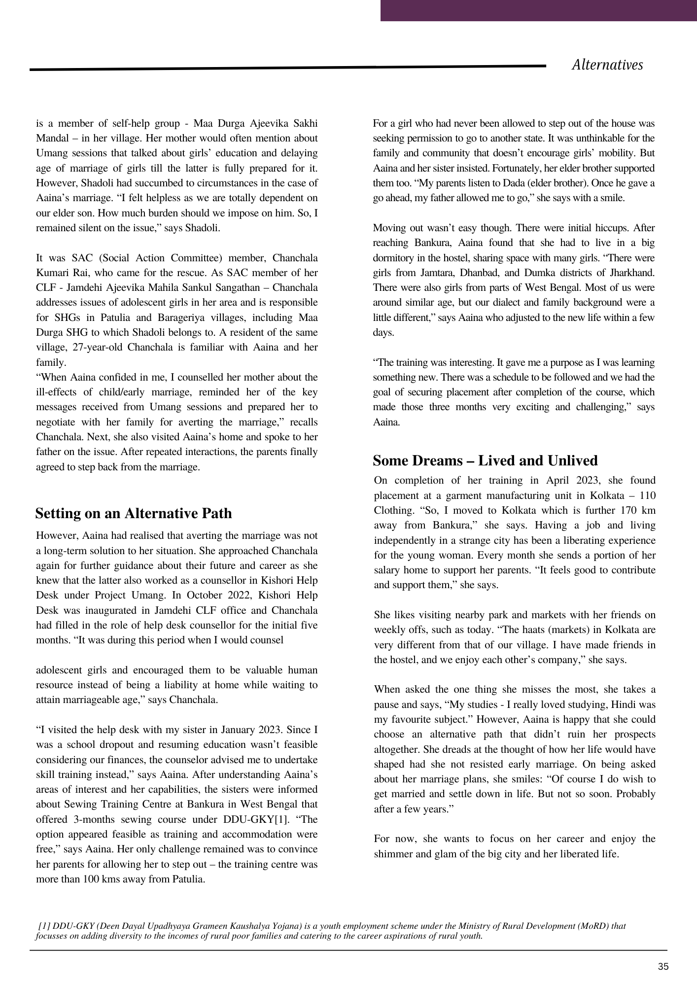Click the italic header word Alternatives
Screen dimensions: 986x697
click(607, 65)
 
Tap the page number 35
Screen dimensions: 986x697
click(663, 967)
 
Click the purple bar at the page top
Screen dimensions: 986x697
click(538, 10)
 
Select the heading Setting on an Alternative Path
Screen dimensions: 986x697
click(134, 513)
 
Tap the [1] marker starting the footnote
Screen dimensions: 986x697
click(44, 926)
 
